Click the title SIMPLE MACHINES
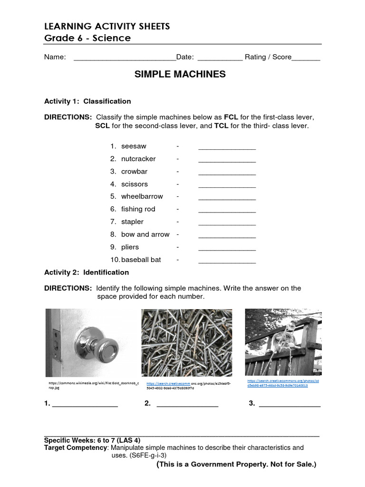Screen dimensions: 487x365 click(x=180, y=74)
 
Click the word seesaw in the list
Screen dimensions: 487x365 click(x=134, y=146)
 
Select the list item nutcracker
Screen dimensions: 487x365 click(x=138, y=159)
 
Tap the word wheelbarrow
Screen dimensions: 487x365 click(x=142, y=196)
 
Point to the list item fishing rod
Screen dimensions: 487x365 click(x=138, y=209)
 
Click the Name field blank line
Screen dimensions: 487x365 click(x=125, y=58)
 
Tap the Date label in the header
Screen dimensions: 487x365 click(x=185, y=57)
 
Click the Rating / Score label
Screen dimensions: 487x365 click(x=268, y=57)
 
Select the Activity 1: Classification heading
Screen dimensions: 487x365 click(x=87, y=101)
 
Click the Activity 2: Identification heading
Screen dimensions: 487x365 click(x=86, y=273)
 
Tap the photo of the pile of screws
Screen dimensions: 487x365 click(x=187, y=342)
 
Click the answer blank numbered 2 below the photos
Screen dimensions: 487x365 click(x=187, y=405)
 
